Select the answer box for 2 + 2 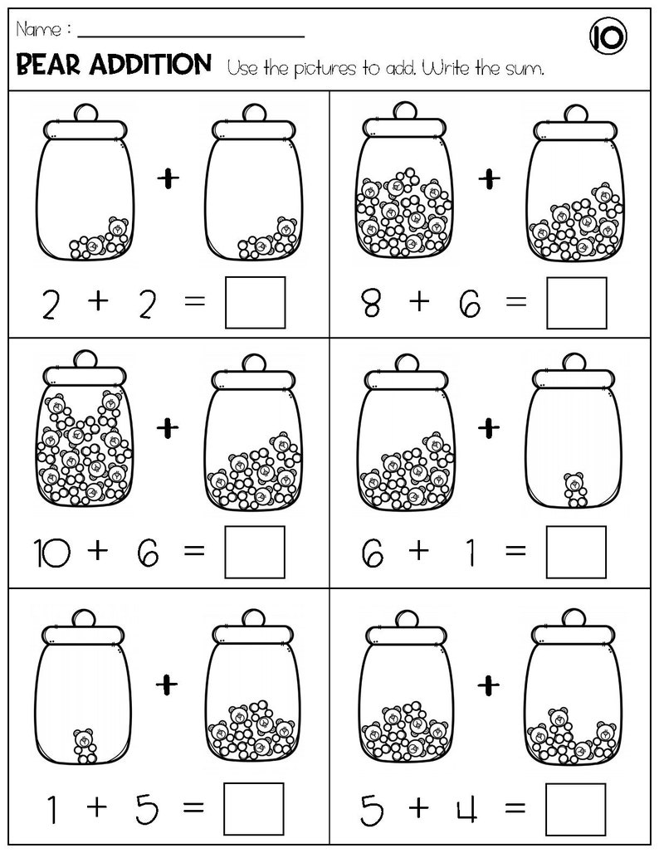pos(255,303)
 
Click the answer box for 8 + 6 pos(576,303)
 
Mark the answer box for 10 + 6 pos(255,553)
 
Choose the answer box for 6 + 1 pos(576,553)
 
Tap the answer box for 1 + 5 pos(255,808)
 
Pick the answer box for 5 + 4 pos(576,808)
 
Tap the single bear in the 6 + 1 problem pos(573,489)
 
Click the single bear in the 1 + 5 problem pos(85,745)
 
